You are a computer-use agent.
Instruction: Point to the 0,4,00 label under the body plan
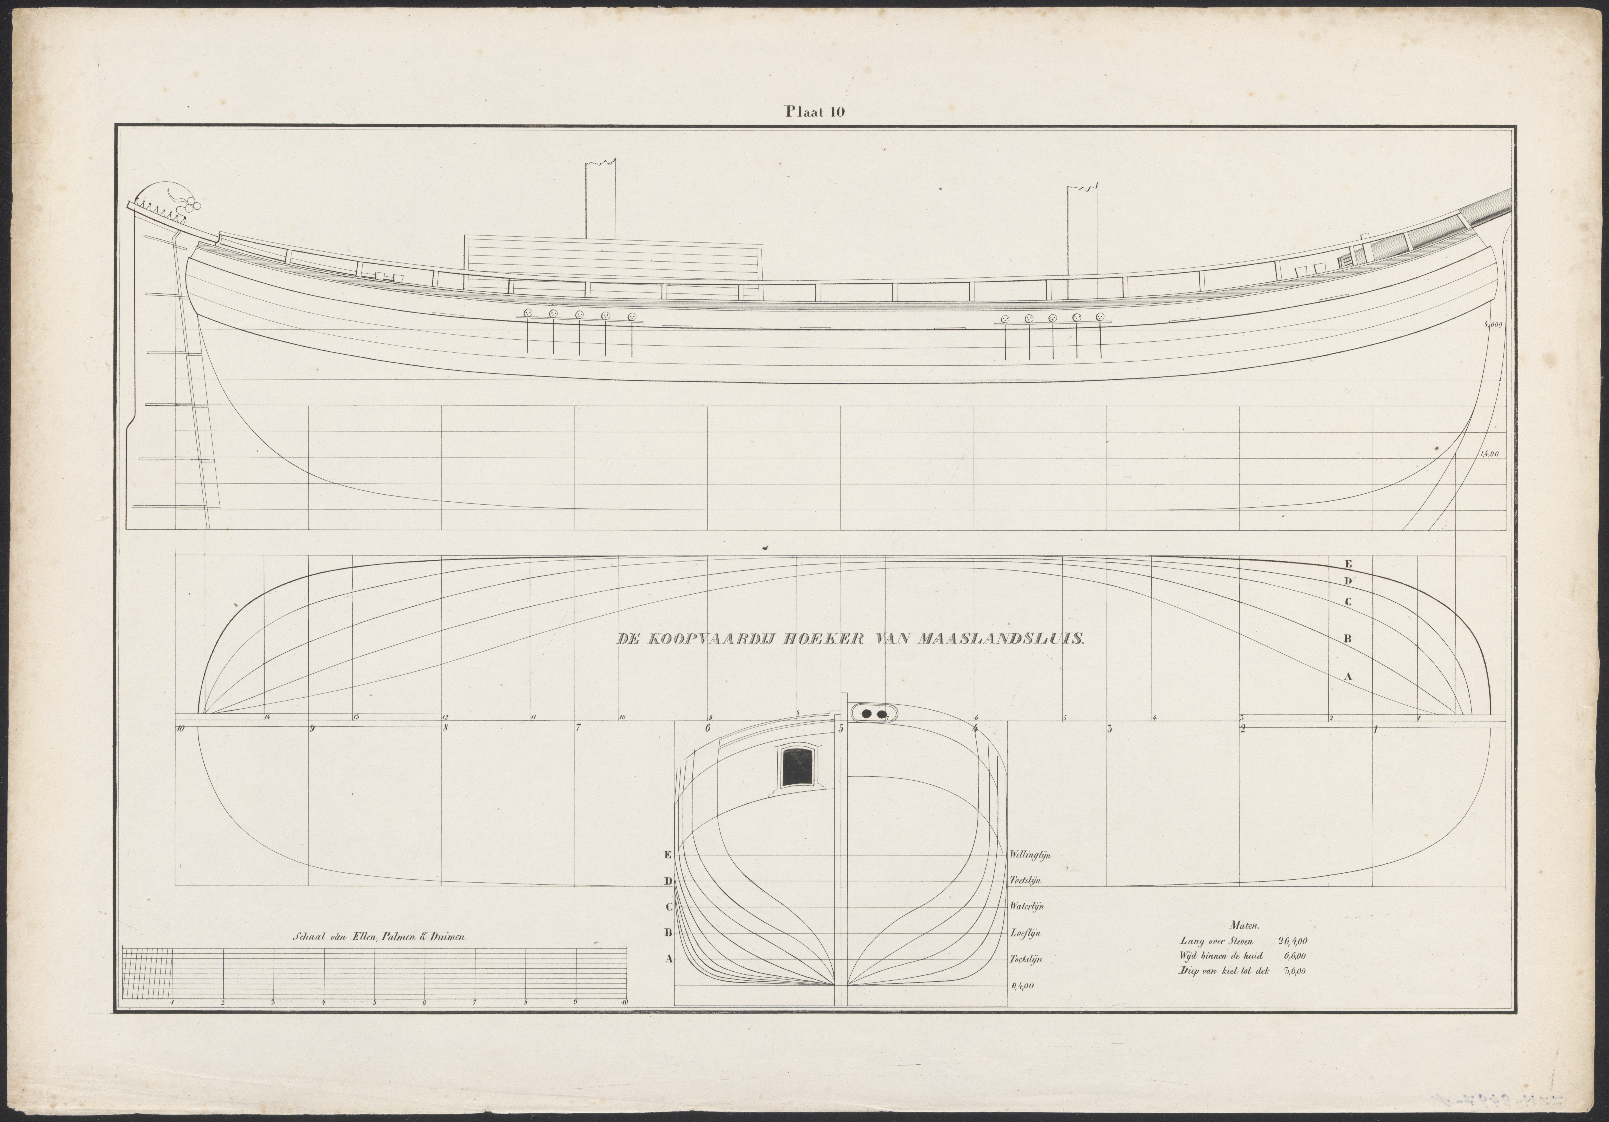coord(1022,986)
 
